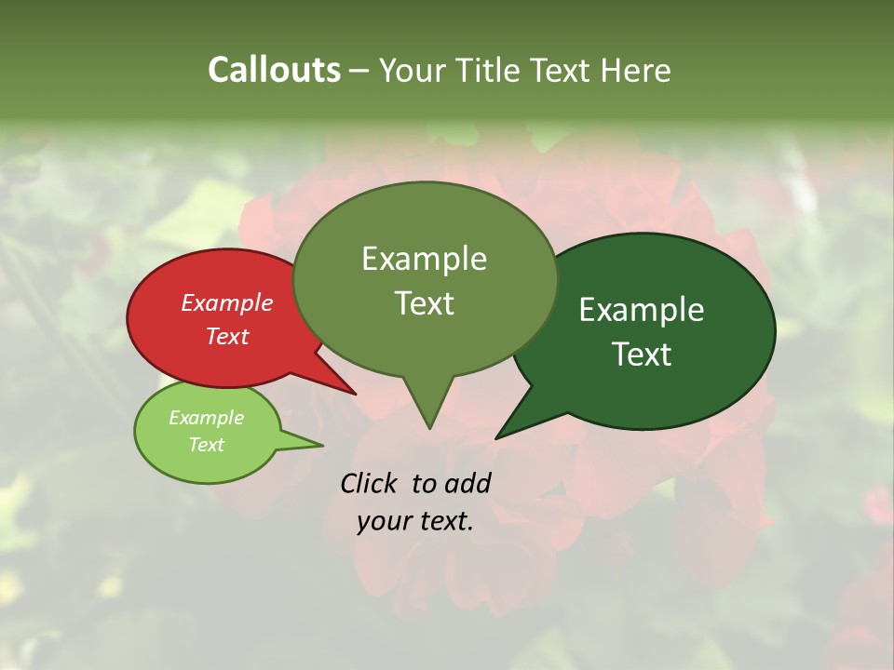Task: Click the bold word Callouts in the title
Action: click(274, 70)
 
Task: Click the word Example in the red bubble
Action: click(227, 303)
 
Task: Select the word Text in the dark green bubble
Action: click(643, 354)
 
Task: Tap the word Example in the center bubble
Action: click(425, 259)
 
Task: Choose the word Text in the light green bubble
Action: click(207, 445)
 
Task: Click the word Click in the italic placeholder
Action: click(368, 483)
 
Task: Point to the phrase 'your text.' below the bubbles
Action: click(415, 521)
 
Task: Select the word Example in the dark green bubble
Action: click(643, 310)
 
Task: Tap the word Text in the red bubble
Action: click(227, 336)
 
